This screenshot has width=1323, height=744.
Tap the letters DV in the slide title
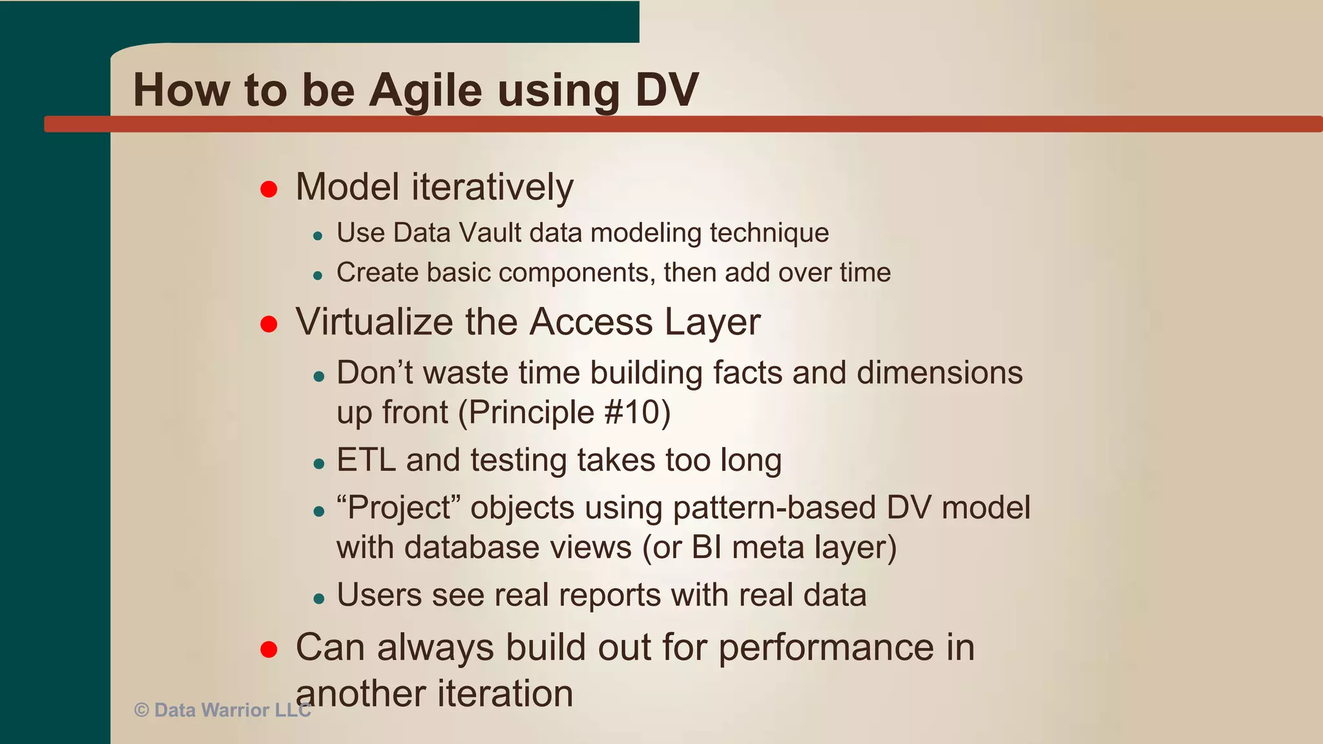(x=667, y=90)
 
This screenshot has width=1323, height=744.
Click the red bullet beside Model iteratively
(x=269, y=189)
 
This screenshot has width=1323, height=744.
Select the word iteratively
(x=492, y=187)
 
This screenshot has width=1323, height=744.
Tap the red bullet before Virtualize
(x=269, y=324)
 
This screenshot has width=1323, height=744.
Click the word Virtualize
(x=374, y=322)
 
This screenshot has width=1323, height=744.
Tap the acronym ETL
(x=366, y=460)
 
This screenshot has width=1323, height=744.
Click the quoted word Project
(x=399, y=508)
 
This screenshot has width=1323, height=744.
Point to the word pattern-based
(x=774, y=508)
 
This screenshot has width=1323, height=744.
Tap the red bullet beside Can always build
(x=269, y=649)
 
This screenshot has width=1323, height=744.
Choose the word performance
(x=826, y=647)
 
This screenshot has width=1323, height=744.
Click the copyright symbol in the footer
(x=141, y=710)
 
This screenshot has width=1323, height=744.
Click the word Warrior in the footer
(x=234, y=710)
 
